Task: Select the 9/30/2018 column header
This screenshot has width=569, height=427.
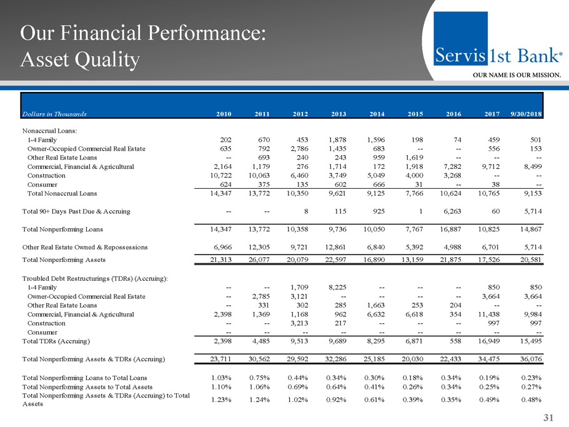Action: tap(523, 114)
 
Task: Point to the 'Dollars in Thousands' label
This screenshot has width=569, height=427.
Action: tap(54, 114)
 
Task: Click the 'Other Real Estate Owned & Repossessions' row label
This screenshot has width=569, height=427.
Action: tap(85, 247)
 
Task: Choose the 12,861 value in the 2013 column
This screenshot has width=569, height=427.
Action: tap(337, 247)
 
